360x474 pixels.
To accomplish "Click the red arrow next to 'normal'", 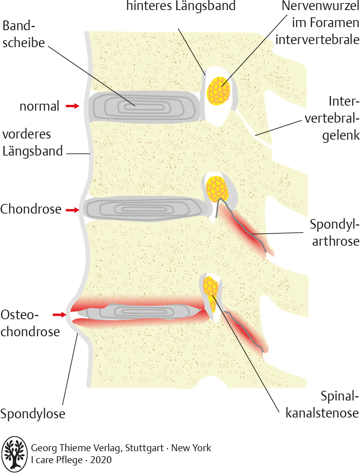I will (x=72, y=106).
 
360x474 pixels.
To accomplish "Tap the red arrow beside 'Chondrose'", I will (x=72, y=210).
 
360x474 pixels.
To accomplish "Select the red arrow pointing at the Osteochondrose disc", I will (x=60, y=315).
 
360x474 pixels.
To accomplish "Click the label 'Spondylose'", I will (x=32, y=414).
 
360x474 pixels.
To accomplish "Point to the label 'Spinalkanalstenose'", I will (x=322, y=404).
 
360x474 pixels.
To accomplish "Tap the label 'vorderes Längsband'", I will (x=32, y=142).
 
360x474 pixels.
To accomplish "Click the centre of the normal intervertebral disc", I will (x=143, y=106).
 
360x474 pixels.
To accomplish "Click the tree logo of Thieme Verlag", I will (x=14, y=454).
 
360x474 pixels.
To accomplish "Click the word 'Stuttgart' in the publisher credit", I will (x=147, y=448).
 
